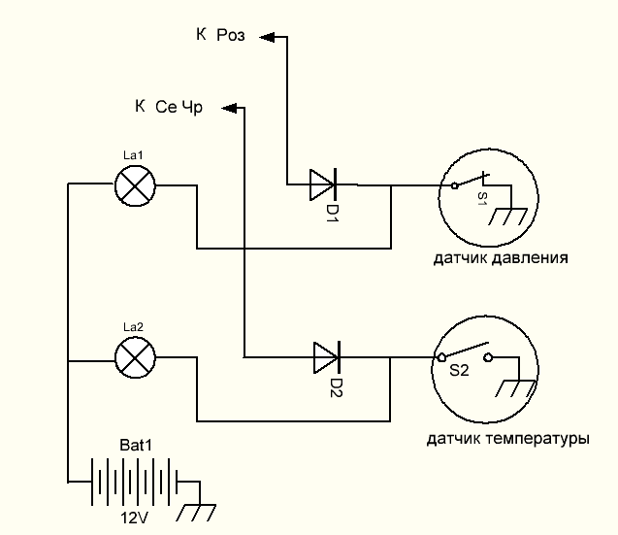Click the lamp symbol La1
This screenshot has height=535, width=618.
(x=135, y=185)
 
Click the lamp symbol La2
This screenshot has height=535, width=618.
(x=135, y=358)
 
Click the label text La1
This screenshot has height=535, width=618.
(x=133, y=155)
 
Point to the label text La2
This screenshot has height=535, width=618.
(x=133, y=326)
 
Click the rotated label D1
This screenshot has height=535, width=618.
(x=332, y=214)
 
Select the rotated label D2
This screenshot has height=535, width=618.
(x=336, y=387)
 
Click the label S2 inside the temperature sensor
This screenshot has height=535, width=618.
(x=459, y=371)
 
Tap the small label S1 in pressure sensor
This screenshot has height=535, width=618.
(x=482, y=198)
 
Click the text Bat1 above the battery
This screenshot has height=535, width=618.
(x=136, y=446)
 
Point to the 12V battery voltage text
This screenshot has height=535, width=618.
(x=135, y=518)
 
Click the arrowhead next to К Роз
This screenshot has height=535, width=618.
(x=267, y=37)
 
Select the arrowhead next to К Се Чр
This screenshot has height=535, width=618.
(x=229, y=108)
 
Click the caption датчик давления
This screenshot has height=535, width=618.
(x=501, y=258)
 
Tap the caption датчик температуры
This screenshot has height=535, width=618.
(x=508, y=439)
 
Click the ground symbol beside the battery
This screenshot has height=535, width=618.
(x=196, y=513)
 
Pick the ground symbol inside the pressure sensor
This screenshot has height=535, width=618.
(x=507, y=217)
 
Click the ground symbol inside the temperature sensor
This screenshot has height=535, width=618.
(x=515, y=388)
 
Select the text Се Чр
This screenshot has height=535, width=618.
(x=179, y=108)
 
